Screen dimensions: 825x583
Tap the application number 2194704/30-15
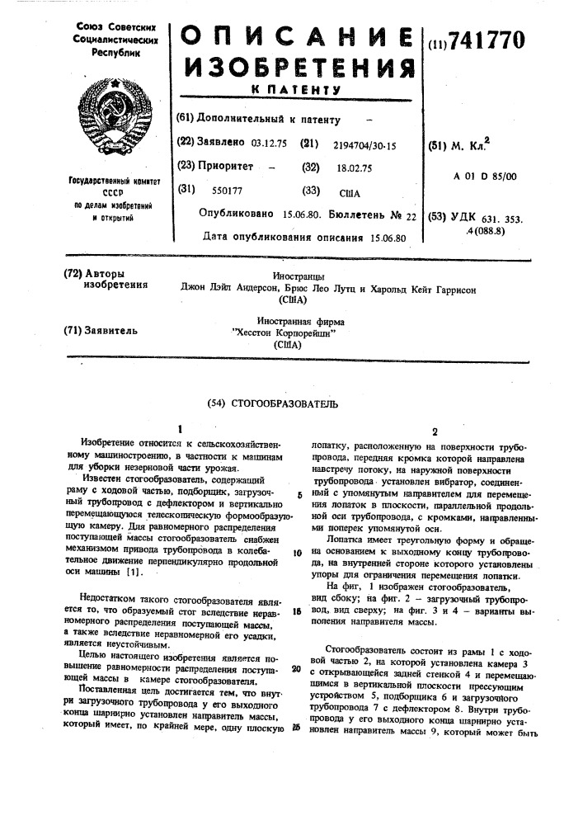pos(364,145)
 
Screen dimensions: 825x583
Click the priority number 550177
pos(228,191)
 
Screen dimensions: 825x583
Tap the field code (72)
pos(74,273)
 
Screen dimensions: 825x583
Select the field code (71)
pos(74,331)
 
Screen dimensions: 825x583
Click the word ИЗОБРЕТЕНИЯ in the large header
pos(298,68)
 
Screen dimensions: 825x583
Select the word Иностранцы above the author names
pos(298,276)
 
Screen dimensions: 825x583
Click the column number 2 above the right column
pos(435,431)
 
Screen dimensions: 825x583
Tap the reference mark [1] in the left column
pos(136,594)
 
